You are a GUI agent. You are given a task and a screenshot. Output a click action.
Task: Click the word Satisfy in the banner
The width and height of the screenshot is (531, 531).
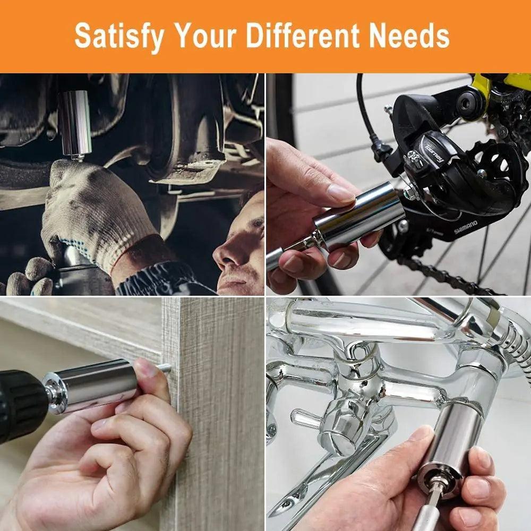119,36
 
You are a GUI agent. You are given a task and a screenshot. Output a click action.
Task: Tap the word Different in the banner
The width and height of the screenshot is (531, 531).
303,36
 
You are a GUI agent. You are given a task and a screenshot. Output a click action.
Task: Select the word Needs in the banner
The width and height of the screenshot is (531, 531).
409,36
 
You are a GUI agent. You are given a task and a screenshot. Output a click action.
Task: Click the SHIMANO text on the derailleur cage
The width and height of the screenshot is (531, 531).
466,227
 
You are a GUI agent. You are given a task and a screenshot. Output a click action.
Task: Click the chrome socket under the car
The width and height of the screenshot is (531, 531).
75,124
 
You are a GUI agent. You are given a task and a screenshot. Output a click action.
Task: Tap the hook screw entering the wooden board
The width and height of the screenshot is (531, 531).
165,367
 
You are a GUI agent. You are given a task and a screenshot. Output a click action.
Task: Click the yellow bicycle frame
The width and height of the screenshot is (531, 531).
501,83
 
